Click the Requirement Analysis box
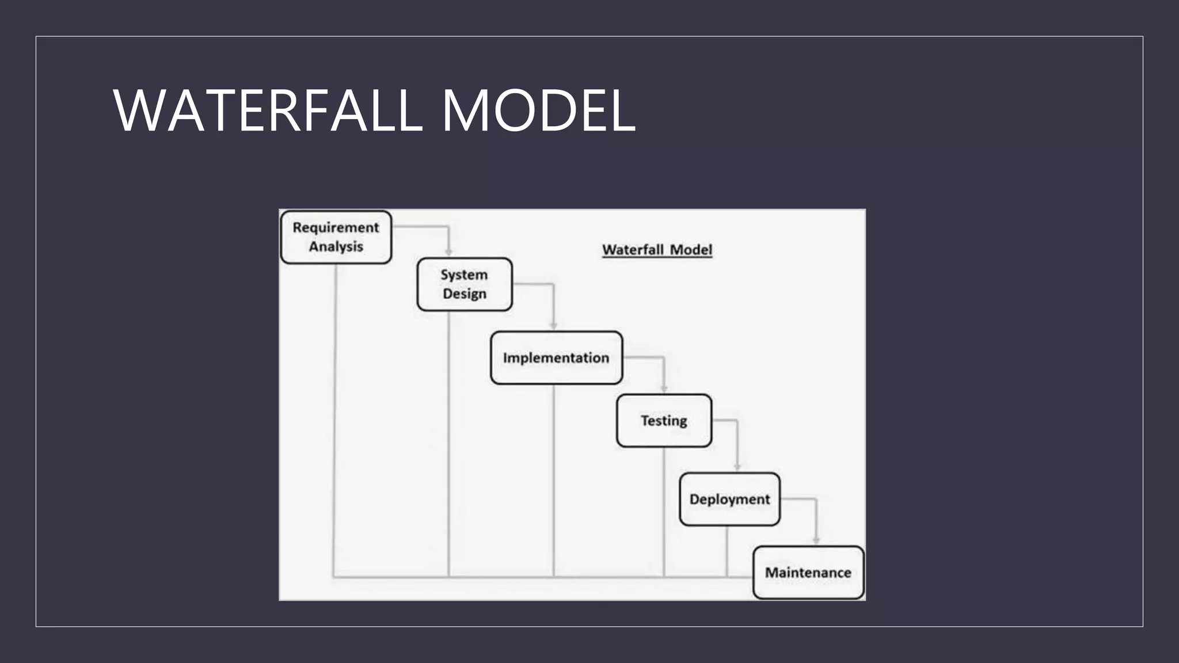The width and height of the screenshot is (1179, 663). pos(336,237)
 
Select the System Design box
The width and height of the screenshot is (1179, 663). pos(464,284)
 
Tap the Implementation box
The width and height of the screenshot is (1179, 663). pos(556,357)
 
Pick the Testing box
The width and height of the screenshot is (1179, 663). pos(664,421)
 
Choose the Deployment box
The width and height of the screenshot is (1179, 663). pos(729,499)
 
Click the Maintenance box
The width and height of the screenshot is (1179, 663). pos(808,573)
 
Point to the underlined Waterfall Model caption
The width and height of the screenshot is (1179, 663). pos(657,250)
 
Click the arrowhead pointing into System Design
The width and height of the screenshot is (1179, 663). pos(448,253)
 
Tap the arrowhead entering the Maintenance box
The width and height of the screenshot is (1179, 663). pos(816,540)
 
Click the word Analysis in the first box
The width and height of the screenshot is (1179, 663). pos(336,247)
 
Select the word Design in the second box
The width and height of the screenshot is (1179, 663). pos(465,294)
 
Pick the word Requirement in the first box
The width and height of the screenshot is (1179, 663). pos(336,228)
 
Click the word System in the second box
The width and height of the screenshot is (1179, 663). pos(464,275)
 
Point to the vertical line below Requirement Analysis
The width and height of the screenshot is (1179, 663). pos(334,420)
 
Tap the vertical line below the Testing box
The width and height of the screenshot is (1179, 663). pos(664,512)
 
